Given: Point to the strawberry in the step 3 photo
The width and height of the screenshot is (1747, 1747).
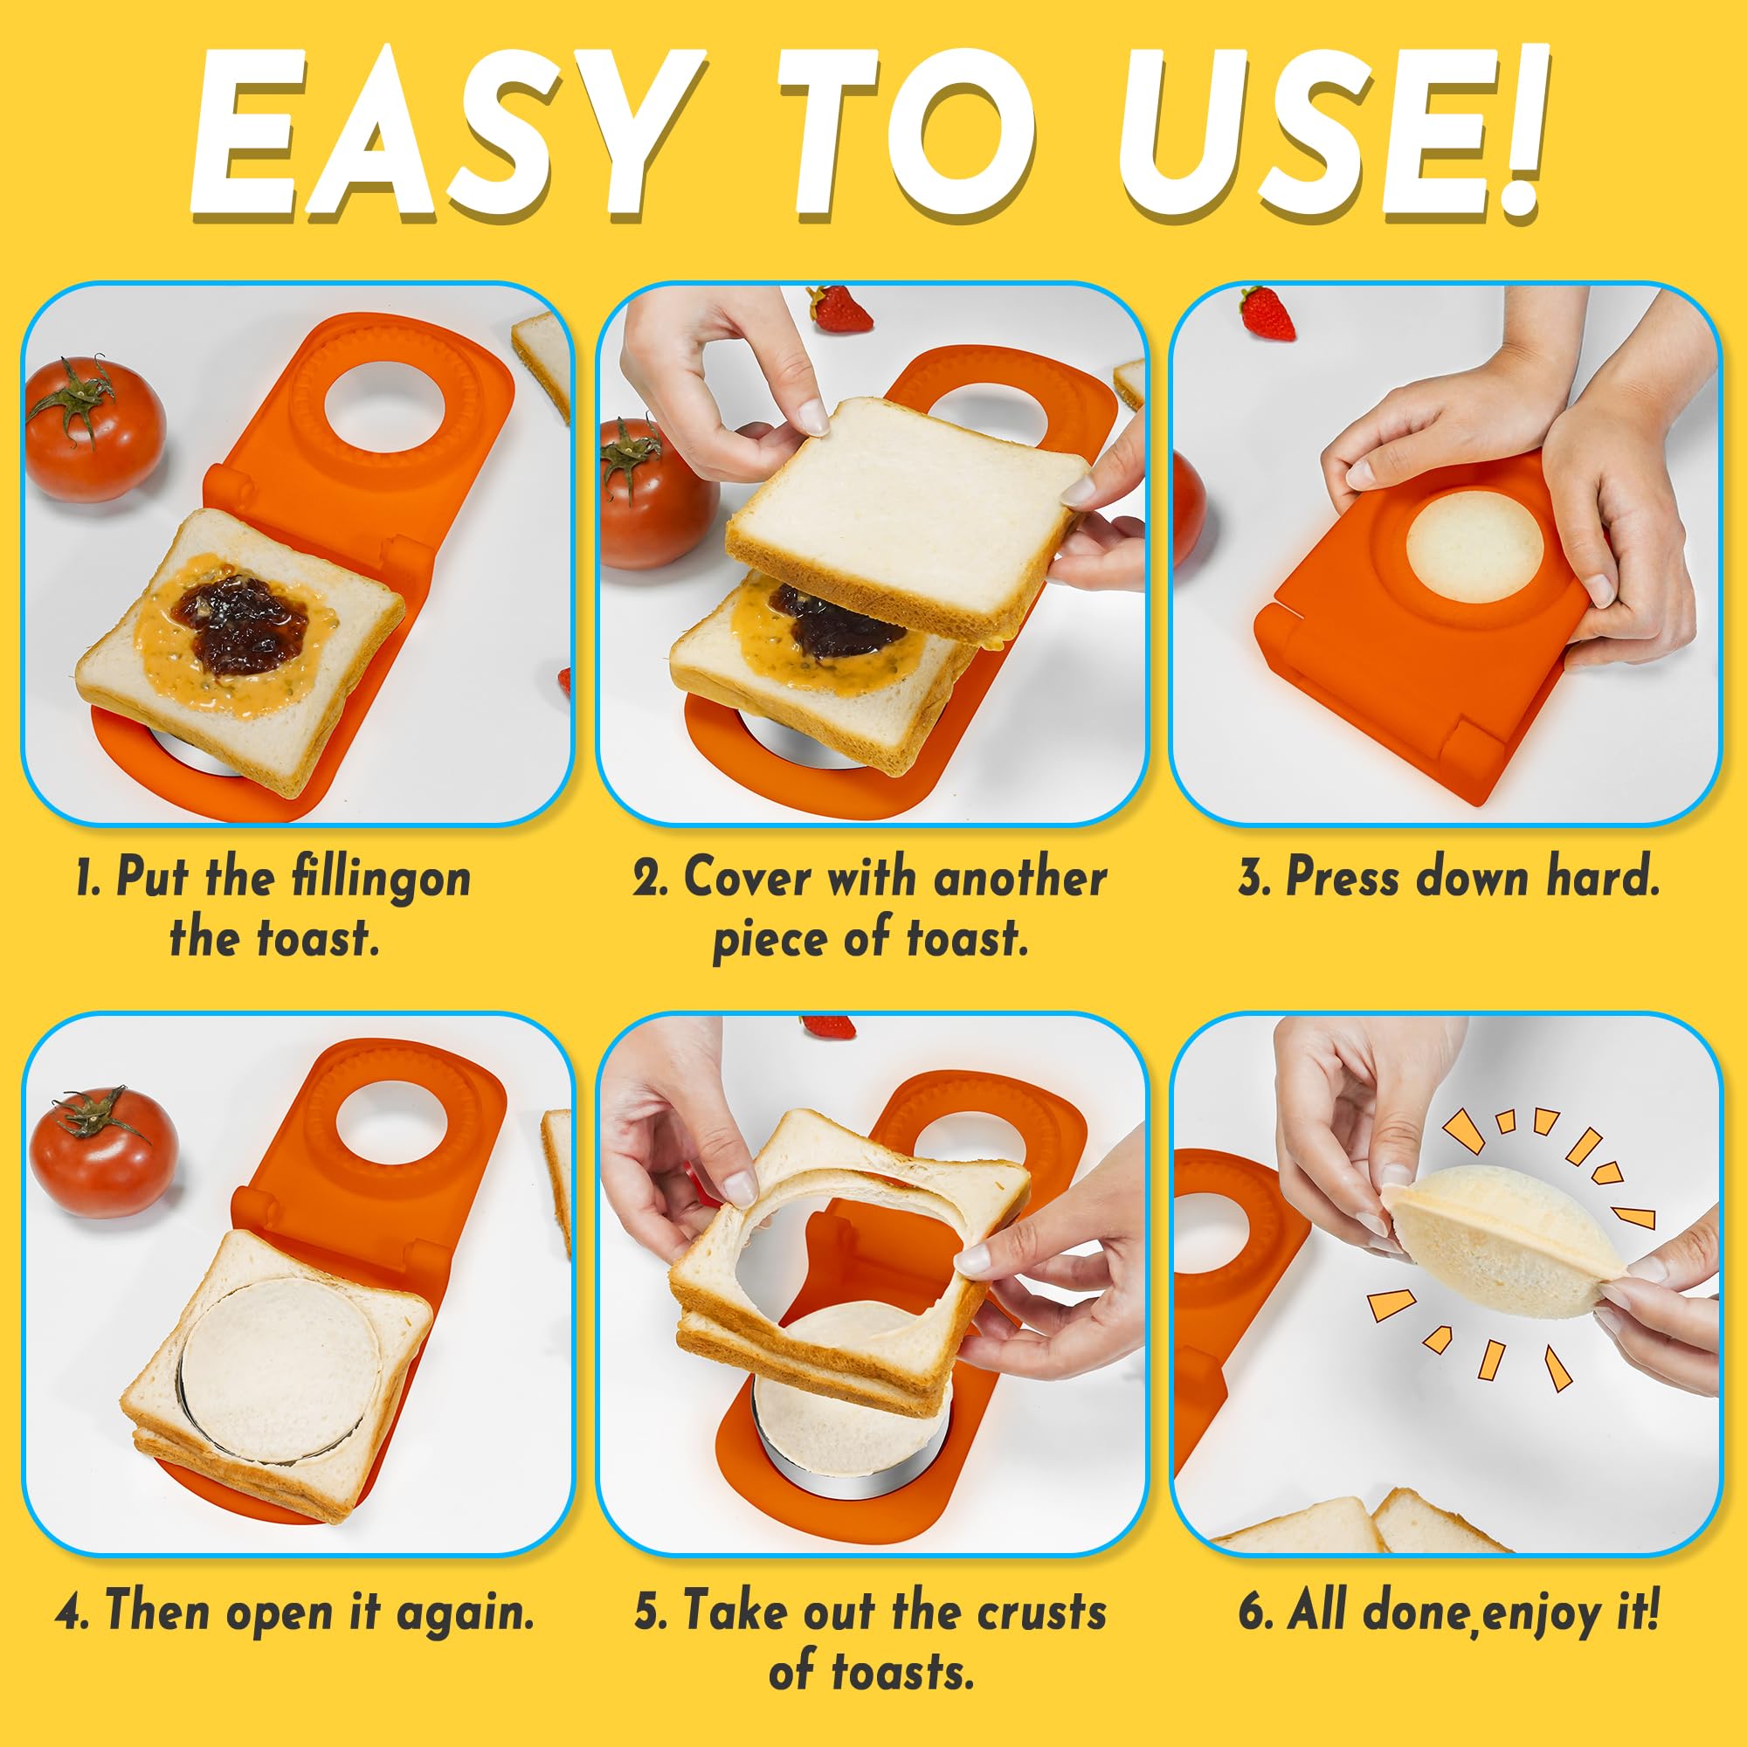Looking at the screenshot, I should tap(1266, 313).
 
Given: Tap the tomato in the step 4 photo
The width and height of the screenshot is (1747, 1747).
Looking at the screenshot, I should tap(103, 1151).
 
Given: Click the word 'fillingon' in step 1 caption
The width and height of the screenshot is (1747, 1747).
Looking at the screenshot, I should tap(381, 879).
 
